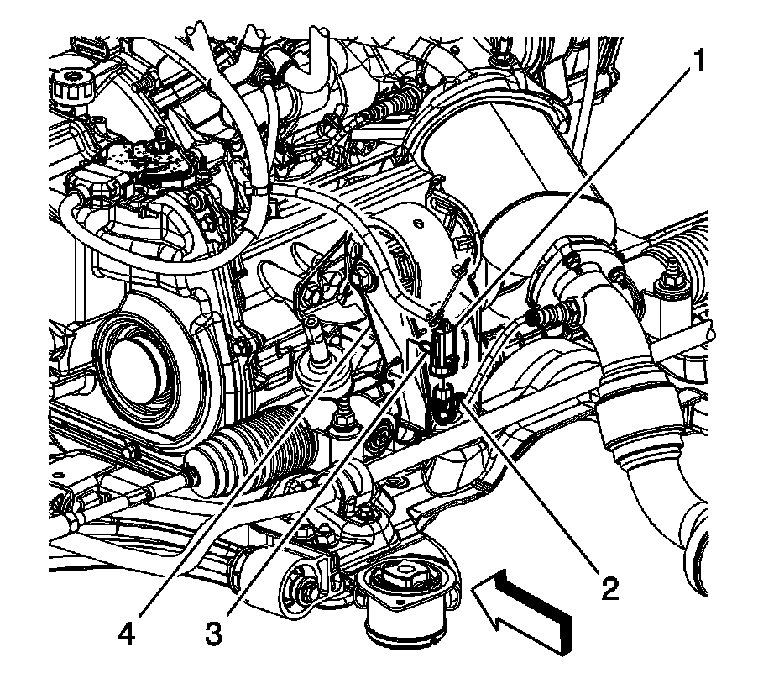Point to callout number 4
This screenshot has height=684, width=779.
click(126, 632)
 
